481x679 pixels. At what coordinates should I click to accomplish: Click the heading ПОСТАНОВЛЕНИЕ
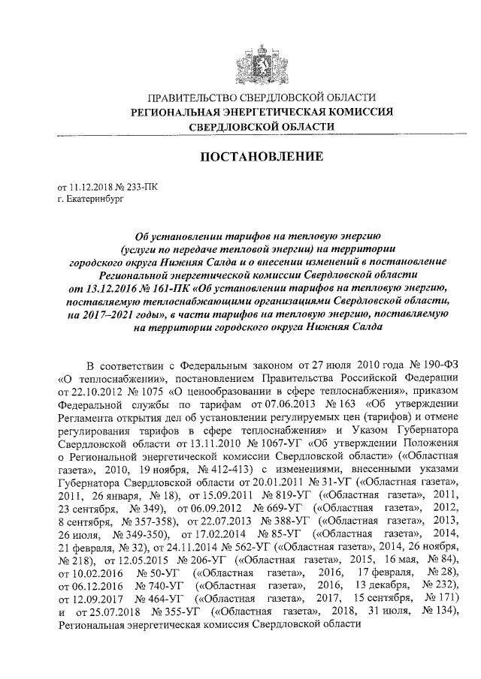(x=260, y=157)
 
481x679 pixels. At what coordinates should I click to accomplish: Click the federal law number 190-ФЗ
(x=430, y=365)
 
